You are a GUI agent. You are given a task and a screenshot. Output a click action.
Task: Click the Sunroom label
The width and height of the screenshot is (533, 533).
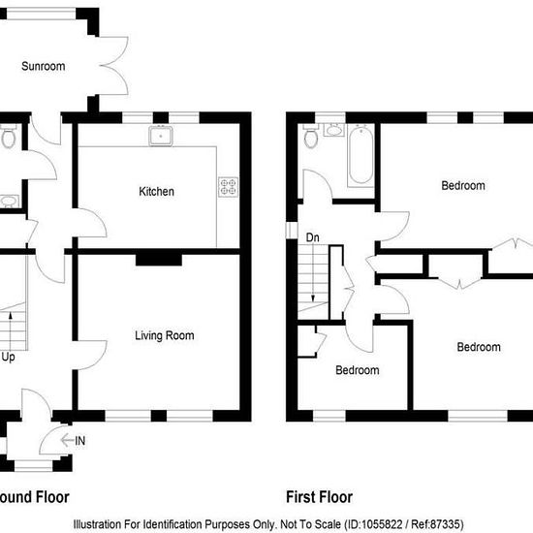(44, 66)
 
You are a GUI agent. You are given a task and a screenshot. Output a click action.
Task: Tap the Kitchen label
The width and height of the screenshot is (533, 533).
(156, 191)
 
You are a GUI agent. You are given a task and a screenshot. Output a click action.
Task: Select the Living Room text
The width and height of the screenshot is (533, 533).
(165, 335)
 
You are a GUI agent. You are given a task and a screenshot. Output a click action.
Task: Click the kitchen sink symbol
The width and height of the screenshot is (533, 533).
(161, 136)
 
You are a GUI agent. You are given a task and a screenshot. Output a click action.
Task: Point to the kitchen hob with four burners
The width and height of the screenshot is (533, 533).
(228, 187)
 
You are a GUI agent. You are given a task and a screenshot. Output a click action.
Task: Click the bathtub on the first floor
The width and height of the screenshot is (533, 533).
(361, 155)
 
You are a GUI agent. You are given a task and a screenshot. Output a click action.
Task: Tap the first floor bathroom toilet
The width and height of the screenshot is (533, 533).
(311, 136)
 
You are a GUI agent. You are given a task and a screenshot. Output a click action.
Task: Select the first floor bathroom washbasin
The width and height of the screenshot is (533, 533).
(333, 130)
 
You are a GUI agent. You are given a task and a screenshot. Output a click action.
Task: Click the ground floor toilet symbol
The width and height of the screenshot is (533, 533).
(8, 137)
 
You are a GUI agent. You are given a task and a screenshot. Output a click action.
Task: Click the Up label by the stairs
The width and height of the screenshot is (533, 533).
(8, 358)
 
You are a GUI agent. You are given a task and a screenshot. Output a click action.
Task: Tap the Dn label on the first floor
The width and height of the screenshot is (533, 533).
(312, 237)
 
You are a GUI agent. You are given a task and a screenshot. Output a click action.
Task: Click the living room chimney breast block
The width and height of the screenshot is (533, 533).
(159, 260)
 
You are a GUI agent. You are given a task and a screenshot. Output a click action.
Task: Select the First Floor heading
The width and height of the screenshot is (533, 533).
(319, 497)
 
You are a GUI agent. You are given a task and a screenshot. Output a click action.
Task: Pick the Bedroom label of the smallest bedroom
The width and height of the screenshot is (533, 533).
(358, 370)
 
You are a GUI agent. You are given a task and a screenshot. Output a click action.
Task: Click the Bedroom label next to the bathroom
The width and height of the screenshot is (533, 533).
(463, 186)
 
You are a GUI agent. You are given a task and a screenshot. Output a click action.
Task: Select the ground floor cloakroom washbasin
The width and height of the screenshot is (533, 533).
(9, 201)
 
